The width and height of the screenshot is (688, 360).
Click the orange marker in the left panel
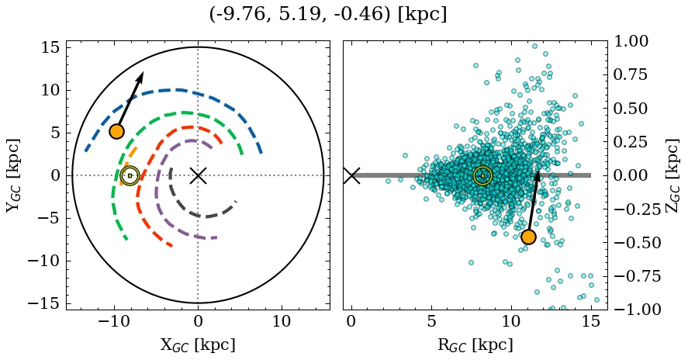(116, 131)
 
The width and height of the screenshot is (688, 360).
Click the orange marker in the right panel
(528, 237)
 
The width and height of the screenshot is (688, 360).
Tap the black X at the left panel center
(198, 175)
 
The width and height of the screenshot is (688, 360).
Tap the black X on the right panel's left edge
(351, 175)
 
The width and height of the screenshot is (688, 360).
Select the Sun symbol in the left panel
(130, 175)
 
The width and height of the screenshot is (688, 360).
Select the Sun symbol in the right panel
(482, 175)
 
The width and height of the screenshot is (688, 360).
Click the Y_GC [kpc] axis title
(13, 175)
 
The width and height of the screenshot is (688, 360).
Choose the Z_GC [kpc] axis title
(673, 175)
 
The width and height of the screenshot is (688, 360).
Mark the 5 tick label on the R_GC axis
(430, 320)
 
